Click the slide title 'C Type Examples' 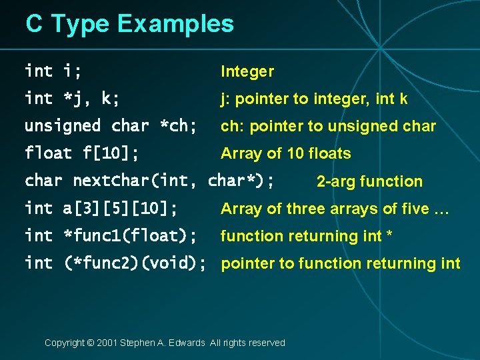coord(130,24)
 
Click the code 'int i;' coord(58,71)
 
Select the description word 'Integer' coord(247,71)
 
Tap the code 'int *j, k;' coord(73,99)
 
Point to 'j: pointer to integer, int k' coord(314,99)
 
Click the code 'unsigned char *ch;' coord(111,126)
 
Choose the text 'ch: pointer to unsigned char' coord(328,127)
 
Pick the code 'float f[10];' coord(82,153)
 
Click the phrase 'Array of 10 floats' coord(285,154)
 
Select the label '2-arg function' coord(369,181)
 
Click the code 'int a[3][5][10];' coord(101,209)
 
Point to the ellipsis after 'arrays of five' coord(441,209)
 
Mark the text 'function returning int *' coord(306,236)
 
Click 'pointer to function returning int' coord(340,263)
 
